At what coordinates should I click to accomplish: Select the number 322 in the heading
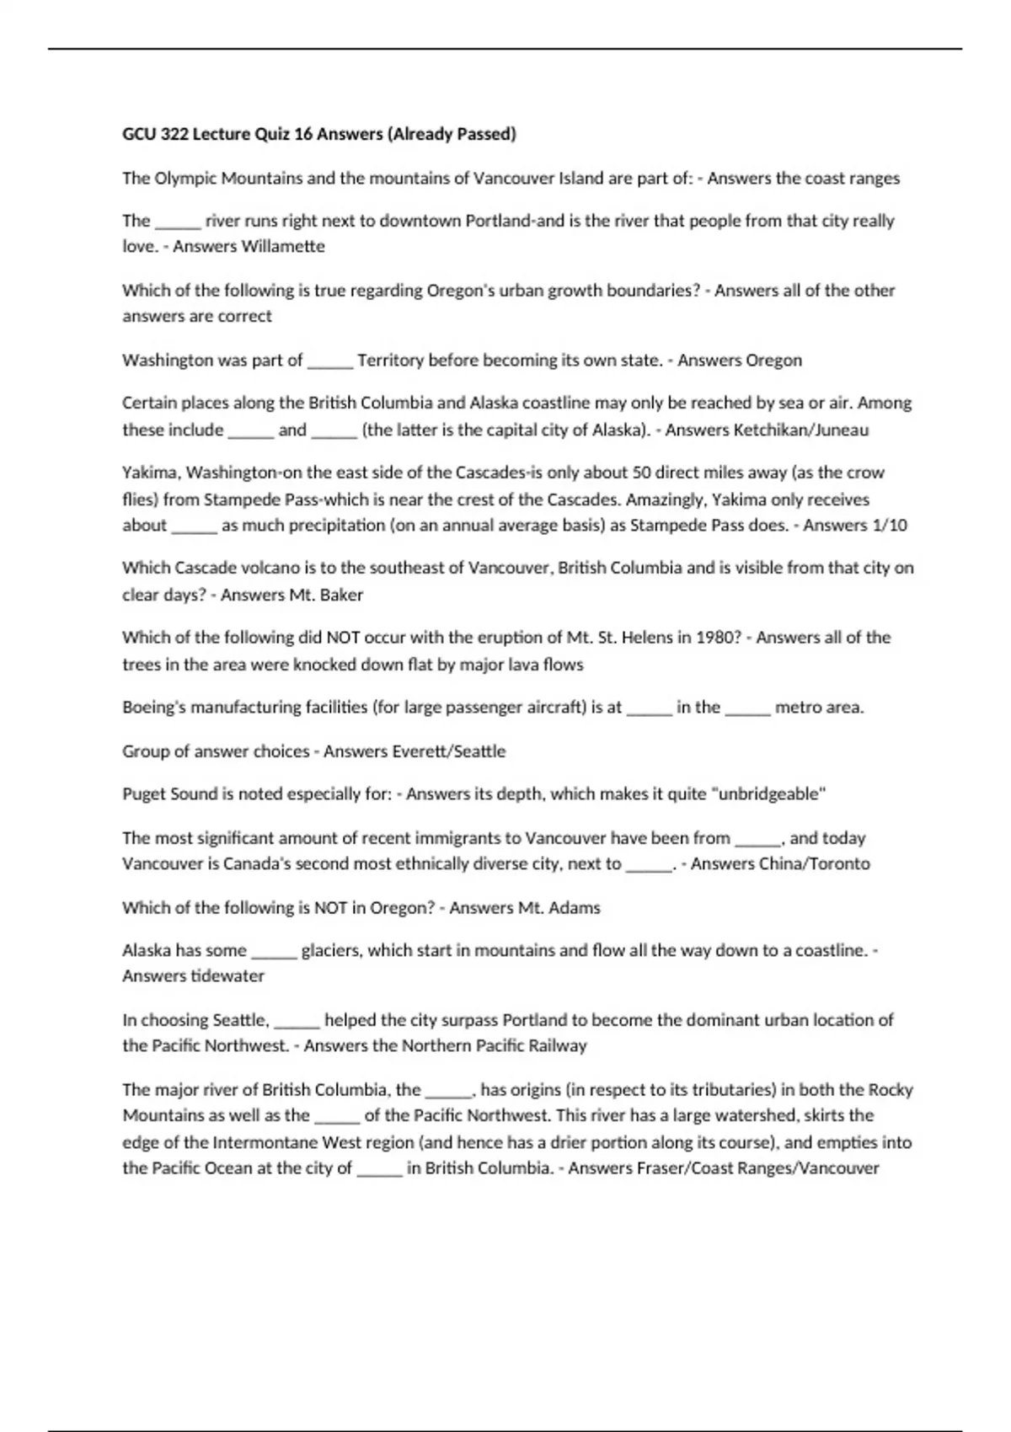pos(174,134)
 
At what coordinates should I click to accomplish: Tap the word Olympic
pos(185,179)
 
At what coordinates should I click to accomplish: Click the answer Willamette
pos(282,247)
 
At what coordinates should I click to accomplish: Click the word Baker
pos(341,596)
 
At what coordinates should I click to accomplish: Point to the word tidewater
pos(227,976)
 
